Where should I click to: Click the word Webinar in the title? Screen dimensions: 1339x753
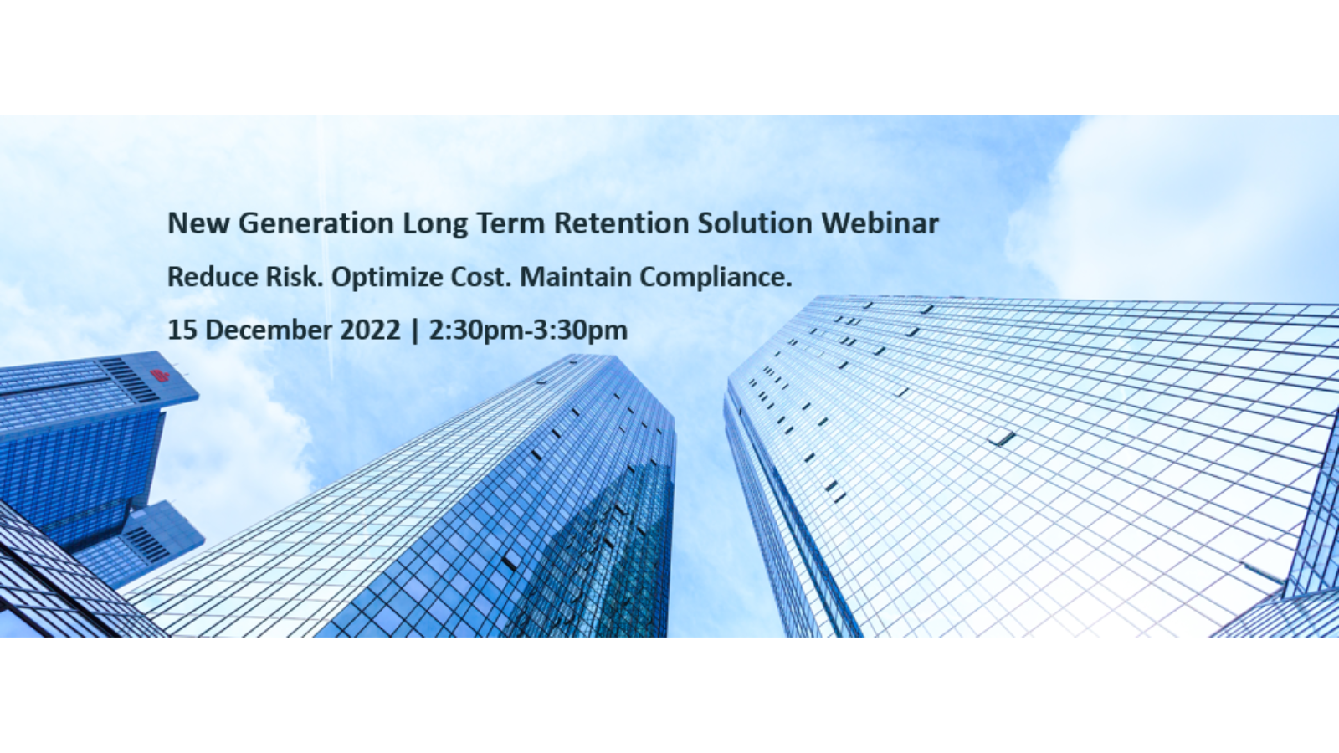pyautogui.click(x=880, y=223)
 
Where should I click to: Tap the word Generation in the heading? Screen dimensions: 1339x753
pyautogui.click(x=316, y=223)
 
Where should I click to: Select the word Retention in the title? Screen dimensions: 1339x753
pyautogui.click(x=622, y=223)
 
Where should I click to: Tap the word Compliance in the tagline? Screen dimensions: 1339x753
pyautogui.click(x=716, y=278)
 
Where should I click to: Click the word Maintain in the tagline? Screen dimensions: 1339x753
pyautogui.click(x=576, y=277)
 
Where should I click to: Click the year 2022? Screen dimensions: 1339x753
pyautogui.click(x=370, y=330)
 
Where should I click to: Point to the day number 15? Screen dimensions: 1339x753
pyautogui.click(x=182, y=330)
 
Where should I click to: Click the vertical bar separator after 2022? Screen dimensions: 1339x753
pyautogui.click(x=415, y=330)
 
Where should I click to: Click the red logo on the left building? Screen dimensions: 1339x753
pyautogui.click(x=160, y=376)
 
